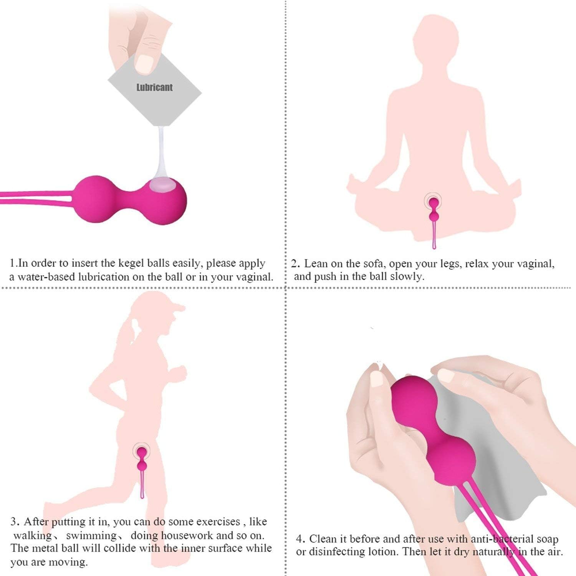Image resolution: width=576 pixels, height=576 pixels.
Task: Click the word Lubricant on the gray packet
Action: (x=154, y=88)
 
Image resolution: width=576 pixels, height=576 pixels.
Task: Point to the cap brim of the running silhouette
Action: (x=178, y=307)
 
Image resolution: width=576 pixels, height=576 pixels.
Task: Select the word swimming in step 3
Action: (x=91, y=535)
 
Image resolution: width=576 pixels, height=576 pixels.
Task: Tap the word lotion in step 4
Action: (x=380, y=552)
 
